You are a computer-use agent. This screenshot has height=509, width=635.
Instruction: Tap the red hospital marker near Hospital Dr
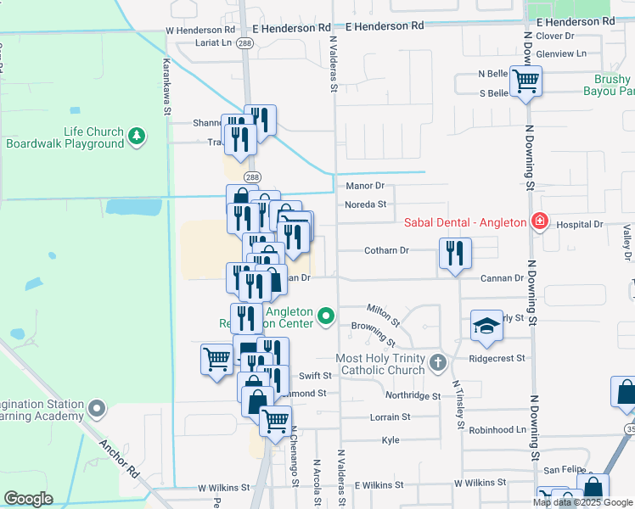coord(538,222)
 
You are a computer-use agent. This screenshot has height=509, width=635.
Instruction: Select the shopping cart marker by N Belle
coord(526,81)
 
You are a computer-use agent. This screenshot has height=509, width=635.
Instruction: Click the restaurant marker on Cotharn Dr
coord(455,254)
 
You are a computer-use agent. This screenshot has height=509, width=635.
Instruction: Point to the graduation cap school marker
coord(486,327)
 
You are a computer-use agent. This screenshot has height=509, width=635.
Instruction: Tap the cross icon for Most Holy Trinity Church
coord(437,364)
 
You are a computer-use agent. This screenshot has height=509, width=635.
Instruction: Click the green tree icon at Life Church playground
coord(136,136)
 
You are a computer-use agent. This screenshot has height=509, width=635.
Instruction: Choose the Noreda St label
coord(366,204)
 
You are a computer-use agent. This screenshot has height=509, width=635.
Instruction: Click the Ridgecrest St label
coord(497,360)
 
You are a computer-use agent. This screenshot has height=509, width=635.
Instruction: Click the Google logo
coord(28,499)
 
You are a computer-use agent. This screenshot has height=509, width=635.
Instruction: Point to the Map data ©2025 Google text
coord(582,502)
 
